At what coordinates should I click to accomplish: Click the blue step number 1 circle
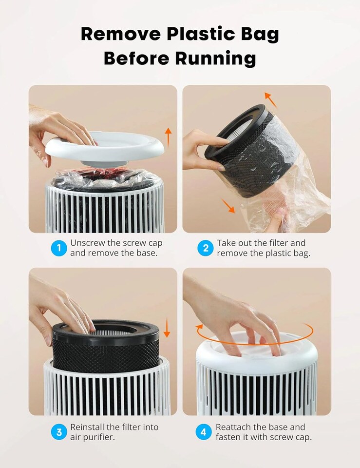pos(59,248)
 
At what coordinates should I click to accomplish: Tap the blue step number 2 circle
pos(206,248)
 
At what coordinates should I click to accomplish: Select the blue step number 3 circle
pos(59,432)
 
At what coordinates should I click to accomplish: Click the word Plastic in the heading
pos(193,34)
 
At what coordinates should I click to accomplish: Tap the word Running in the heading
pos(215,58)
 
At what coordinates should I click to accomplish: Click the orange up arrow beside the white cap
pos(168,137)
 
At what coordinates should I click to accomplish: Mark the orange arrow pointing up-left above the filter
pos(270,99)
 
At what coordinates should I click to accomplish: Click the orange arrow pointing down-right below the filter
pos(227,206)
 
